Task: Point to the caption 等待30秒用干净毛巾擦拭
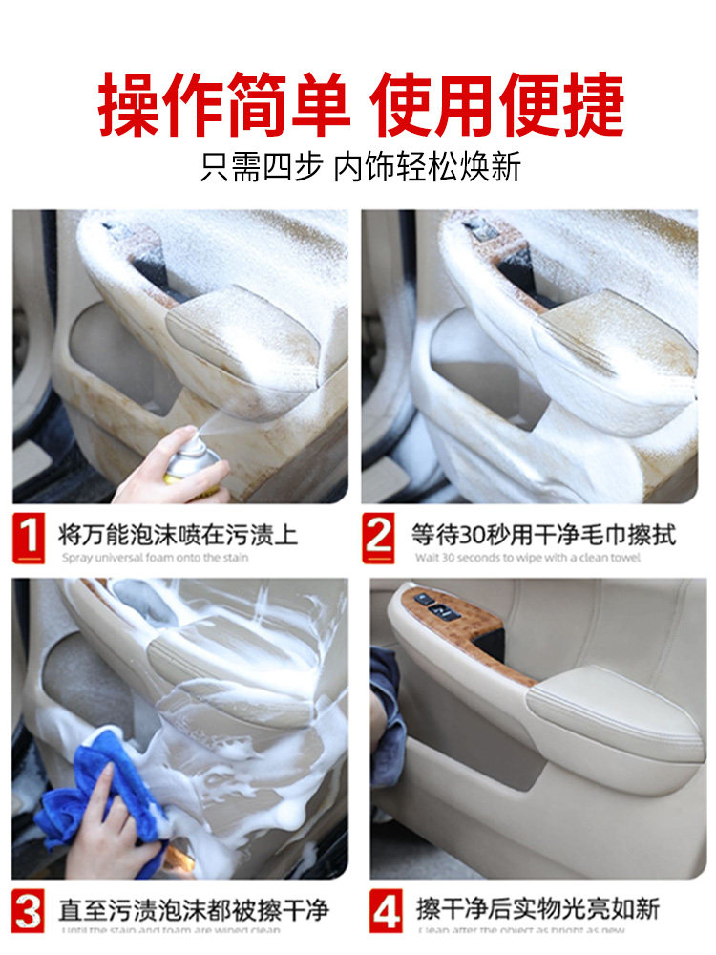click(543, 533)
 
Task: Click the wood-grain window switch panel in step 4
click(449, 621)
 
